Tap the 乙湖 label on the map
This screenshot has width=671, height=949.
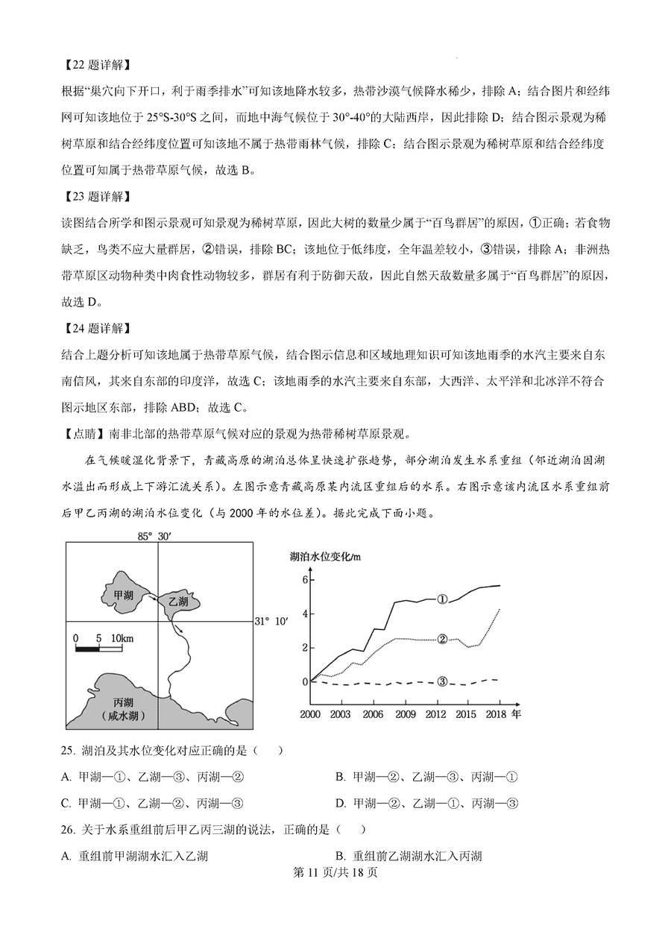click(x=178, y=601)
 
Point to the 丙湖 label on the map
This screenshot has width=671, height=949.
click(x=123, y=703)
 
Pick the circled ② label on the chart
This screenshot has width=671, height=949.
click(x=442, y=639)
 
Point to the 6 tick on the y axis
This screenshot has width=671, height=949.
click(x=304, y=579)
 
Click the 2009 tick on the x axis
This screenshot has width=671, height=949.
click(x=406, y=714)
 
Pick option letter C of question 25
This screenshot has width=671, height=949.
click(x=66, y=803)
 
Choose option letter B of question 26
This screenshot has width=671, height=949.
click(x=340, y=856)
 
